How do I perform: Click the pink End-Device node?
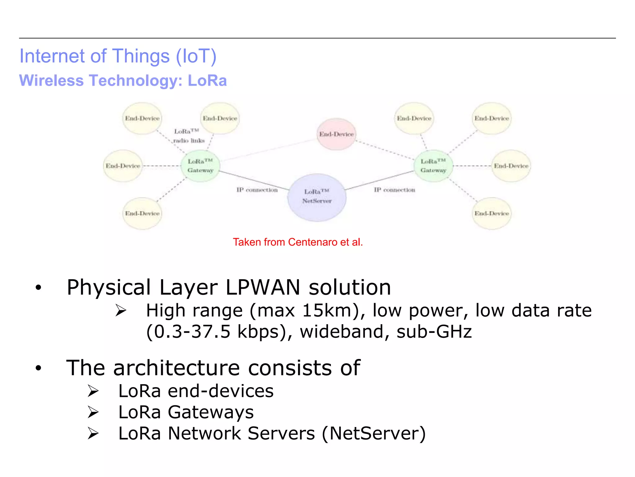tap(336, 134)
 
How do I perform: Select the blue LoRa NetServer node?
tap(317, 197)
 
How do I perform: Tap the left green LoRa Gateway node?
tap(201, 166)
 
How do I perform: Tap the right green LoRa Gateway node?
tap(433, 166)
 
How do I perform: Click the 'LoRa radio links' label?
tap(189, 136)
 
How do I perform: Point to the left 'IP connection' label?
tap(257, 190)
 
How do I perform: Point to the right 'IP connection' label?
tap(394, 190)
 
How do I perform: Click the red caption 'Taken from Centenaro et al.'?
tap(298, 242)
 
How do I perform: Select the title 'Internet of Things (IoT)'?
tap(118, 56)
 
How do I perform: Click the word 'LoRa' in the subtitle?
tap(207, 81)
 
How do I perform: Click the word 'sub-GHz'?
tap(434, 332)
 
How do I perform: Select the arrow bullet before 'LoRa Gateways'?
tap(93, 412)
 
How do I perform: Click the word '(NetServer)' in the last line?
tap(374, 434)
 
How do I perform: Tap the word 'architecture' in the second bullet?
tap(176, 368)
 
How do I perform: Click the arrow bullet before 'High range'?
tap(121, 311)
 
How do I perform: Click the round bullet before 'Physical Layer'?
tap(38, 288)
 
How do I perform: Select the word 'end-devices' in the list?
tap(220, 391)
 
